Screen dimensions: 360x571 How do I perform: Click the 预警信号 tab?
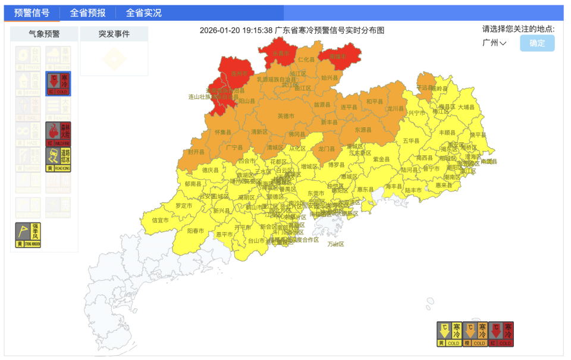tap(32, 12)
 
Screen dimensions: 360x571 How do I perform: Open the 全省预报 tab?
tap(87, 12)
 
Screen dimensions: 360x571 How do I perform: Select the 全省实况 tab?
tap(143, 12)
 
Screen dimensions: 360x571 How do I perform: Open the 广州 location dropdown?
tap(494, 43)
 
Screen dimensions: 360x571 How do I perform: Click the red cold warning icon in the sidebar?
tap(58, 84)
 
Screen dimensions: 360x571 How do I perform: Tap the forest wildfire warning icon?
tap(58, 134)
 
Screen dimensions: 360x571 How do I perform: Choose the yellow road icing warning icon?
tap(58, 159)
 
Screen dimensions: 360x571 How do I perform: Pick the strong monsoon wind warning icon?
tap(28, 234)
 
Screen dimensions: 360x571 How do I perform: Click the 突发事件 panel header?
tap(114, 34)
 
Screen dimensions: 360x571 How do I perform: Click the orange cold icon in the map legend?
tap(475, 334)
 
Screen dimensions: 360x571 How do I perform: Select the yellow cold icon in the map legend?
tap(449, 334)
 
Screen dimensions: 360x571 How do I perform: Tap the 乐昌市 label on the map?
tap(280, 54)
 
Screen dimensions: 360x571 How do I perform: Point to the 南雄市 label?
tap(338, 57)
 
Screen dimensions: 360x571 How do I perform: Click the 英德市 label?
tap(285, 116)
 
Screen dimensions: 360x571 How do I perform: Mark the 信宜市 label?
tap(160, 220)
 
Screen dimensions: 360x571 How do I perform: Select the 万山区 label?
tap(335, 244)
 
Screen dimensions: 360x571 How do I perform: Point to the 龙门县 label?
tap(327, 149)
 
